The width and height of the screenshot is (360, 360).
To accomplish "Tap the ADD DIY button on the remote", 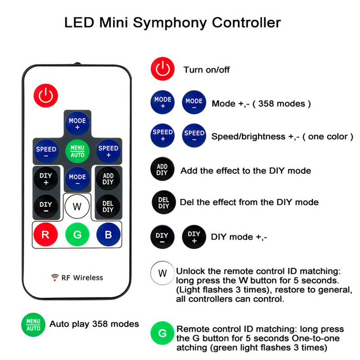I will tap(108, 179).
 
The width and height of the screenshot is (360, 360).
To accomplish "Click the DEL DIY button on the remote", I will tap(108, 207).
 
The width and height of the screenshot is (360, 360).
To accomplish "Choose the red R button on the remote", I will tap(45, 234).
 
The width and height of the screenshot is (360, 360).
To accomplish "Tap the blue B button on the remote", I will tap(108, 234).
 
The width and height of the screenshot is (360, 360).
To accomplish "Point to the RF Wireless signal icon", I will tap(54, 277).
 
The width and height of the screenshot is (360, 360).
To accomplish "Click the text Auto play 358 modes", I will tap(94, 324).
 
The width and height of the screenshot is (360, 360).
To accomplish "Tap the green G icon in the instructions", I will tap(162, 333).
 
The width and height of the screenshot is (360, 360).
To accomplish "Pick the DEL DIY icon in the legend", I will tap(162, 202).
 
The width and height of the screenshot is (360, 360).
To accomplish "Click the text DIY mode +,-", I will tap(239, 237).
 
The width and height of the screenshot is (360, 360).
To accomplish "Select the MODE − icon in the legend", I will tap(194, 103).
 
